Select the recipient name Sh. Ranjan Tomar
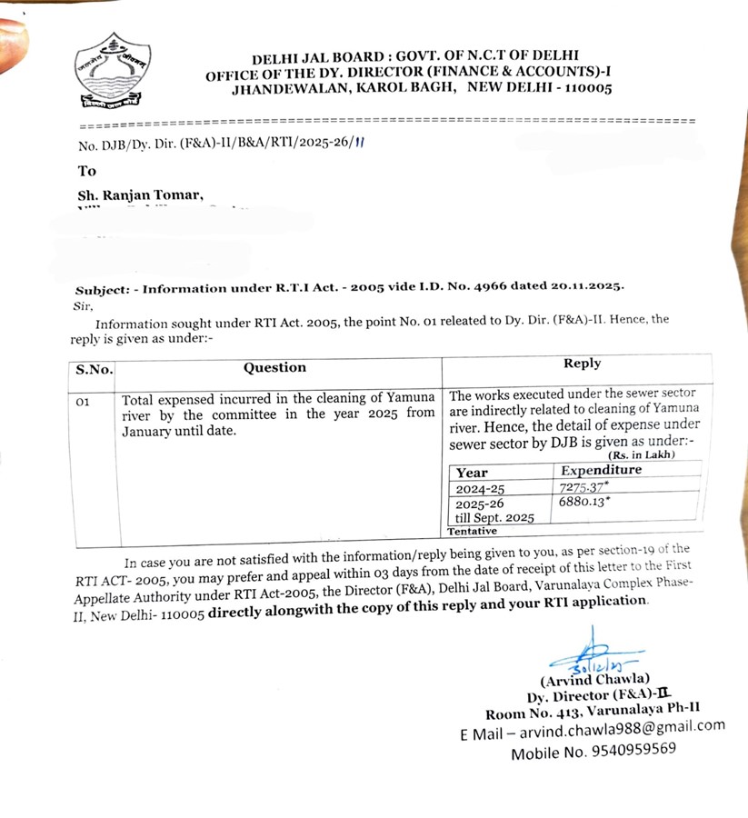click(141, 195)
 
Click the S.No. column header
click(94, 369)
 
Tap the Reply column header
click(582, 364)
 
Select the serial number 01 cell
click(82, 401)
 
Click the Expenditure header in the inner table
click(601, 470)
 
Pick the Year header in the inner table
click(472, 473)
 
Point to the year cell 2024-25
click(478, 489)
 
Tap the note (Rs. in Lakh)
click(643, 454)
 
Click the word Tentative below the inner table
click(472, 531)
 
